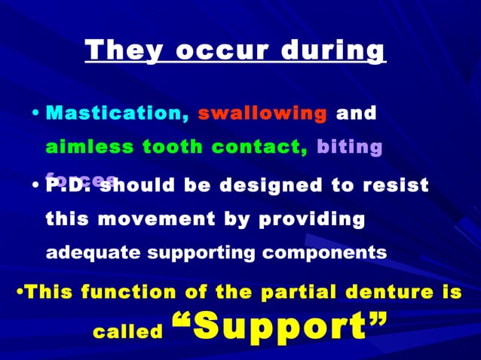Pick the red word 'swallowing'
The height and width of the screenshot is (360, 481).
click(x=262, y=114)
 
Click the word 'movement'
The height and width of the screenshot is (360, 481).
click(x=151, y=219)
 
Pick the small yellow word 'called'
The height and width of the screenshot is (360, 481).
click(x=127, y=331)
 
